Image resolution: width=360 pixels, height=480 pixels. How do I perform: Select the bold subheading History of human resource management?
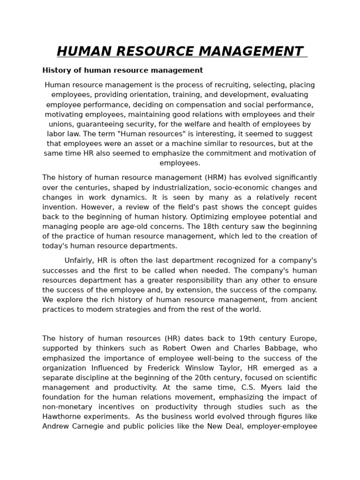122,70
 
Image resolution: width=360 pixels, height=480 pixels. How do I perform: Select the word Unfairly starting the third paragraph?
78,261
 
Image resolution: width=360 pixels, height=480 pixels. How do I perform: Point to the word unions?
60,124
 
